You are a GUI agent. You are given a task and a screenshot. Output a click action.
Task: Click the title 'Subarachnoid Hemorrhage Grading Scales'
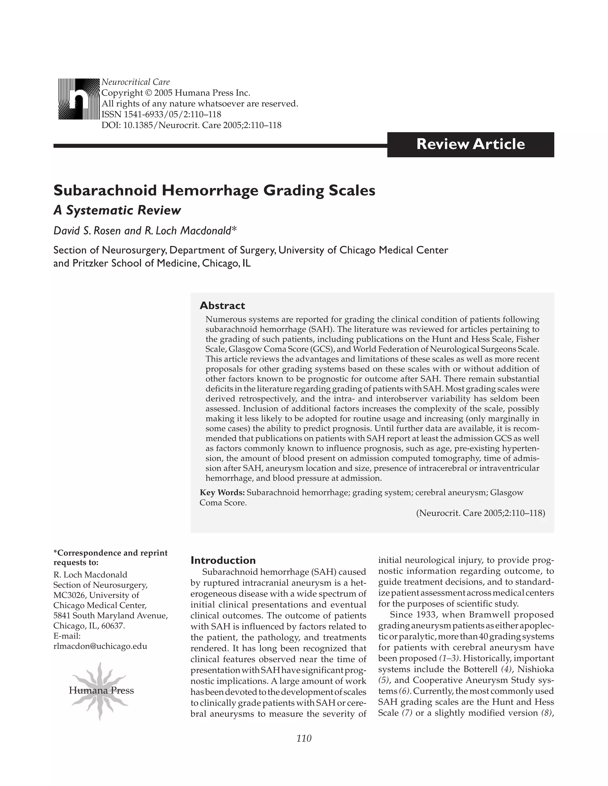(214, 190)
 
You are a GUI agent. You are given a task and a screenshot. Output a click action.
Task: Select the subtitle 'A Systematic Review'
(117, 210)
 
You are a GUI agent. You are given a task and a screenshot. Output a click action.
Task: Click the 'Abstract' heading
(222, 306)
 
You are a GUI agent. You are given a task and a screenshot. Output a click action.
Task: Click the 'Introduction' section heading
(223, 560)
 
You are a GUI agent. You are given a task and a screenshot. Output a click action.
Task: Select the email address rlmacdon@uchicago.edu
(100, 646)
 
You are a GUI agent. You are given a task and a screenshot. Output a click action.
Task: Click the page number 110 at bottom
(304, 738)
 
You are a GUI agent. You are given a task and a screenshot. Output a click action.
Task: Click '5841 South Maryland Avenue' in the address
(110, 615)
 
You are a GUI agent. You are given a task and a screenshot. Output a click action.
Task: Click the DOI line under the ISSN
(191, 125)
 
